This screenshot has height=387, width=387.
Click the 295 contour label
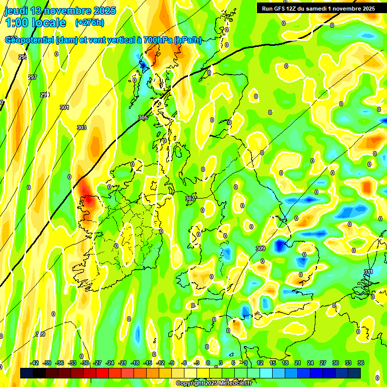[23, 57]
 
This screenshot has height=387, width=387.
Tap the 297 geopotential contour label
[32, 77]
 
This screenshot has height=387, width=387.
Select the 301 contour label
[64, 107]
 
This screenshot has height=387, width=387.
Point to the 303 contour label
[82, 127]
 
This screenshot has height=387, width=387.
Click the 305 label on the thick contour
[143, 117]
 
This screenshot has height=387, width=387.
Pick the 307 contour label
[190, 199]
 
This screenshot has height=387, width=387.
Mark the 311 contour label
[369, 272]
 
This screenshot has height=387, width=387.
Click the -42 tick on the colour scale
[35, 363]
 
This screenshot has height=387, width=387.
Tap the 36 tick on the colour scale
[361, 363]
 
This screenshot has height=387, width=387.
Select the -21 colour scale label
[122, 363]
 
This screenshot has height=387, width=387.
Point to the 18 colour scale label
[285, 363]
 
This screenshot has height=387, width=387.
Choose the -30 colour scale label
[85, 363]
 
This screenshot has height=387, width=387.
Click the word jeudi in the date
[17, 11]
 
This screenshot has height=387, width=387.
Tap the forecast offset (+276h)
[90, 23]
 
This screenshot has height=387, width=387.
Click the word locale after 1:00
[49, 23]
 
